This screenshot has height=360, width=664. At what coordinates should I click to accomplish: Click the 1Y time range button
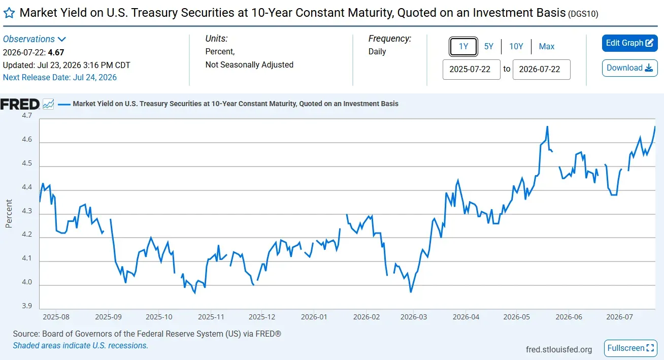[x=463, y=47]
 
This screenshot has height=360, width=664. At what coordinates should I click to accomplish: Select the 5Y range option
[x=488, y=47]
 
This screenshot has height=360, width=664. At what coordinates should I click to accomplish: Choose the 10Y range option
[x=516, y=47]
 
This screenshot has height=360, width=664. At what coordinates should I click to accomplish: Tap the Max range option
[x=547, y=47]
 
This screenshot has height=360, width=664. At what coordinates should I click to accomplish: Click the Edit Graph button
[x=629, y=43]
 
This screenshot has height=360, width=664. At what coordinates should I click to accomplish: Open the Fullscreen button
[x=630, y=348]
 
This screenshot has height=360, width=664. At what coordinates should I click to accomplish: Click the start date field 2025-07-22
[x=471, y=70]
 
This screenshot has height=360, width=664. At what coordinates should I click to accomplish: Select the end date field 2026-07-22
[x=541, y=70]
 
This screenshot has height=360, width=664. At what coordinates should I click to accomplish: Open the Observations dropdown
[x=35, y=39]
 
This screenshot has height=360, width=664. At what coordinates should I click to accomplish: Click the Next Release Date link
[x=59, y=77]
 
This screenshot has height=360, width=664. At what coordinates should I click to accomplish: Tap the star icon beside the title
[x=9, y=13]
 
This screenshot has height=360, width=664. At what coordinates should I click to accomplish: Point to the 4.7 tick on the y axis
[x=27, y=115]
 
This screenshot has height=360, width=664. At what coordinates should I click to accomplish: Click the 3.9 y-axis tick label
[x=27, y=306]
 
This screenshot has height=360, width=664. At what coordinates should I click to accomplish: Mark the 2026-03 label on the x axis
[x=414, y=317]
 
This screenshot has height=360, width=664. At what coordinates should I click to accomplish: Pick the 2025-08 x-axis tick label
[x=56, y=317]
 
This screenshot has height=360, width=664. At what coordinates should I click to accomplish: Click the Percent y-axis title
[x=9, y=213]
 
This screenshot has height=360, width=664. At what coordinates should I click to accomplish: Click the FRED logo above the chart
[x=20, y=104]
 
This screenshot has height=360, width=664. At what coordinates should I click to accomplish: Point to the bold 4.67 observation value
[x=56, y=52]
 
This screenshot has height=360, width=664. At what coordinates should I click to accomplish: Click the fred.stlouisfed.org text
[x=559, y=350]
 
